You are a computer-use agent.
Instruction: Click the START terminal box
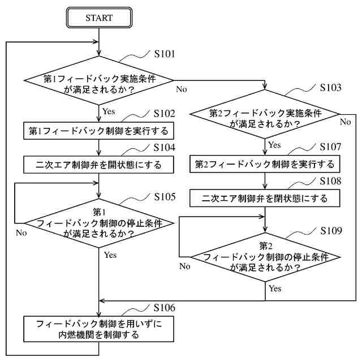99,18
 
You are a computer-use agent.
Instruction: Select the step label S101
165,54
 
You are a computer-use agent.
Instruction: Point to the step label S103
330,88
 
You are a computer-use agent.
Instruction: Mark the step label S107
330,146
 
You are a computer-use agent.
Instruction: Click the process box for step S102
99,131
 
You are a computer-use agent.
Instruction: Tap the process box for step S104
99,165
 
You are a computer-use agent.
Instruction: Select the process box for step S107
265,165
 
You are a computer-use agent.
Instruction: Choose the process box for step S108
265,199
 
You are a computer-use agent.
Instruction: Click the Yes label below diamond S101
110,111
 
